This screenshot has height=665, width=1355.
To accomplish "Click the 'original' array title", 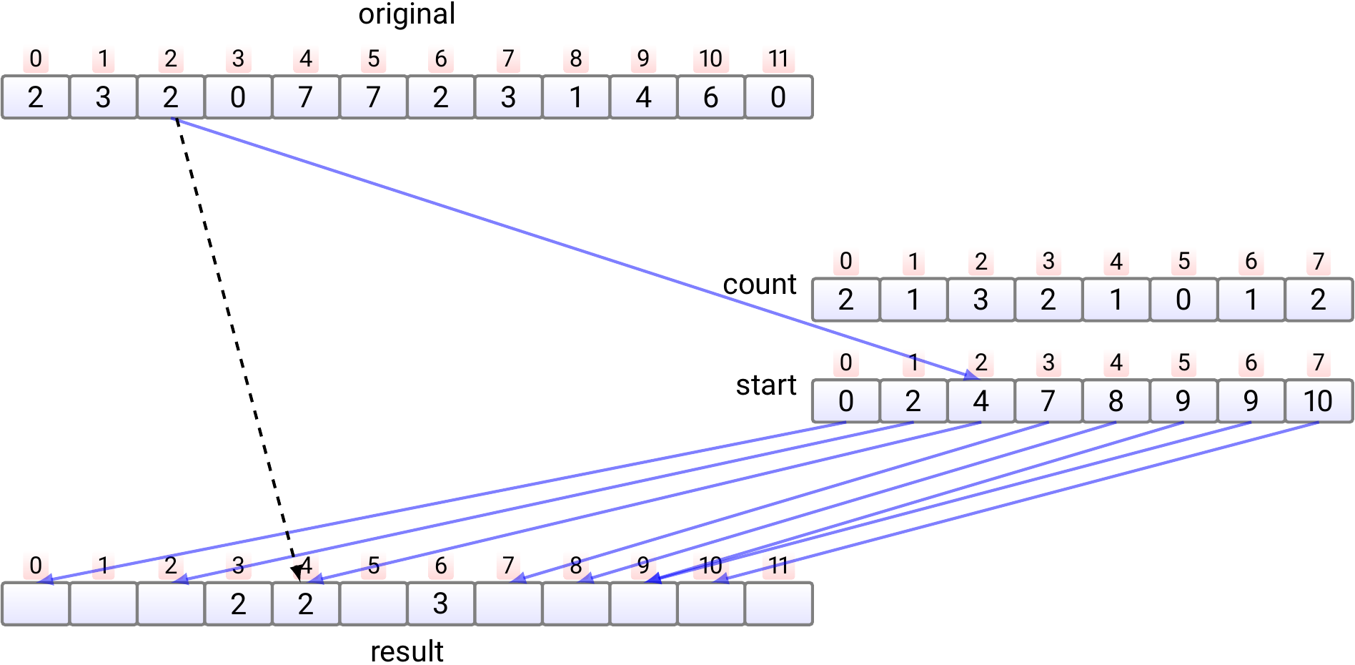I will (x=407, y=14).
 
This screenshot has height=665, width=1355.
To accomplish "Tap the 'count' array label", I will (x=759, y=285).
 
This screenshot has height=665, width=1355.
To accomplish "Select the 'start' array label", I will (x=766, y=385).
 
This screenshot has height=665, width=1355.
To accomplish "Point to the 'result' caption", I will (x=407, y=651).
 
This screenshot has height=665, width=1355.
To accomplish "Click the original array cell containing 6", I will (x=710, y=97).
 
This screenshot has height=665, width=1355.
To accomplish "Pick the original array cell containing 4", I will (x=643, y=97).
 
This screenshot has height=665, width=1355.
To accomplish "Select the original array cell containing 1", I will (x=575, y=97).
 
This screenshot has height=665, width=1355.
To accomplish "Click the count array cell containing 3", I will (x=981, y=300).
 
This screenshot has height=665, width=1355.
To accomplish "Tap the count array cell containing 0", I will (x=1183, y=300).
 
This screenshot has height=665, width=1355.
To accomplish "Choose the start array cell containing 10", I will (x=1318, y=401).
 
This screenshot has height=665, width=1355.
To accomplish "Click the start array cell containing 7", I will (x=1048, y=401).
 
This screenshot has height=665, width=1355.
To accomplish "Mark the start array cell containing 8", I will (x=1116, y=401).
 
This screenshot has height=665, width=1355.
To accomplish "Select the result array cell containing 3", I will (x=440, y=604).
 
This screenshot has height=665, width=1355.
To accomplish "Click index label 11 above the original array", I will (x=778, y=59).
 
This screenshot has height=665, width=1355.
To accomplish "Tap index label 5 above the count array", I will (x=1183, y=262).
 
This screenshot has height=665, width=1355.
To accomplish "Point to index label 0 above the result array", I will (x=36, y=566).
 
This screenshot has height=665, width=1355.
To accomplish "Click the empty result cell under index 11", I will (x=778, y=604).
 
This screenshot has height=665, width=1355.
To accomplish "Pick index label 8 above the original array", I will (x=575, y=59).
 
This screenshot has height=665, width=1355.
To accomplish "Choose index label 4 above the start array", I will (x=1116, y=363).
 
